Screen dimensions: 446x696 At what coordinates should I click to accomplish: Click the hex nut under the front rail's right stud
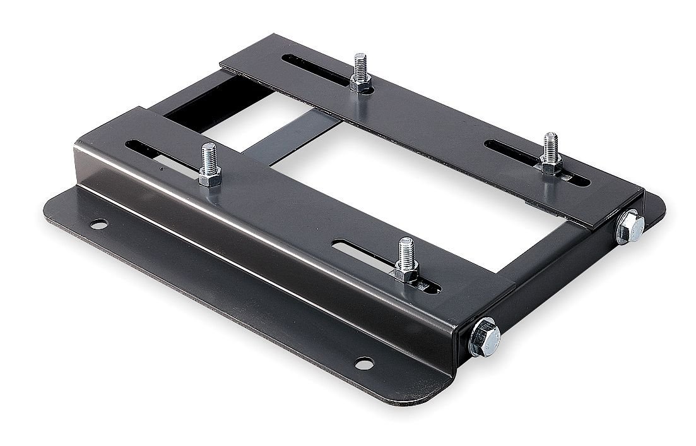point(404,272)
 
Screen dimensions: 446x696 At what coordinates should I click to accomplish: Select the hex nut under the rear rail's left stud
point(360,85)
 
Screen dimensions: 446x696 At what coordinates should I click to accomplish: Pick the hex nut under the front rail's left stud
point(209,178)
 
